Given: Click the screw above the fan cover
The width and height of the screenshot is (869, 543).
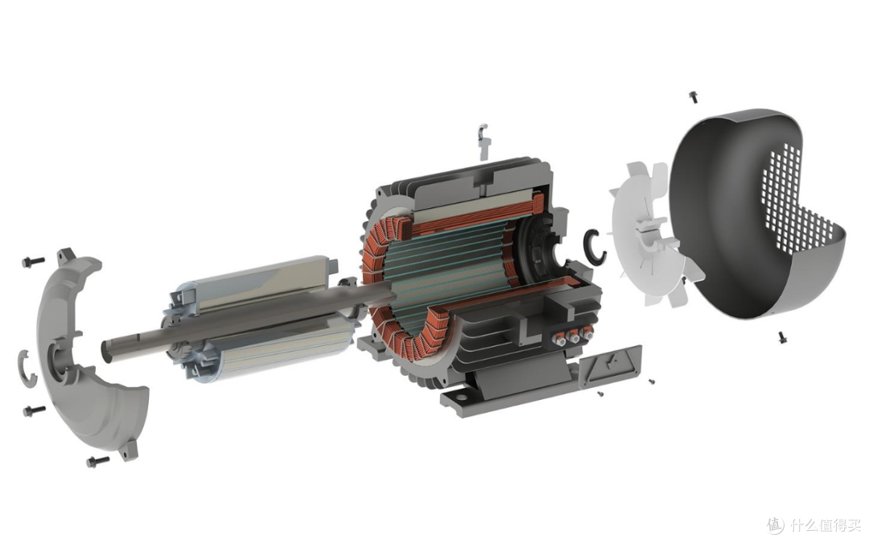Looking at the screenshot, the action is (x=694, y=97).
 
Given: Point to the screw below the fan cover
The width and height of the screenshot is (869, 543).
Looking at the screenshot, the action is (x=783, y=337).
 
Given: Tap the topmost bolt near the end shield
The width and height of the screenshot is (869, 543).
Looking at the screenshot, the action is (x=33, y=261).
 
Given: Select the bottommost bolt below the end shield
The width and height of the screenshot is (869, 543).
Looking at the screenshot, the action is (x=98, y=461).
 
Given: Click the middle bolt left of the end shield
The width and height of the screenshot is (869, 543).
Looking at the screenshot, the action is (x=35, y=410).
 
